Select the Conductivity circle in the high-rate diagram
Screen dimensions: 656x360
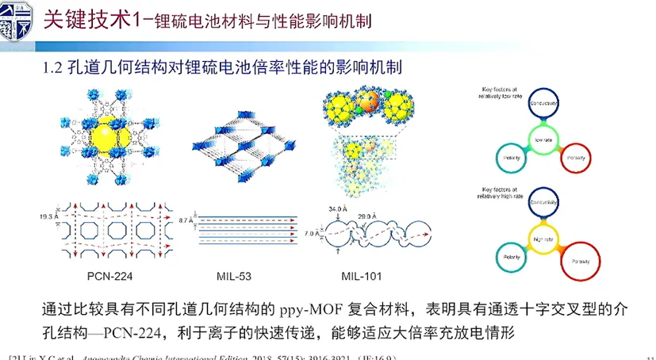point(543,202)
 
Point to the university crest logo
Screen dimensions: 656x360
point(15,19)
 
